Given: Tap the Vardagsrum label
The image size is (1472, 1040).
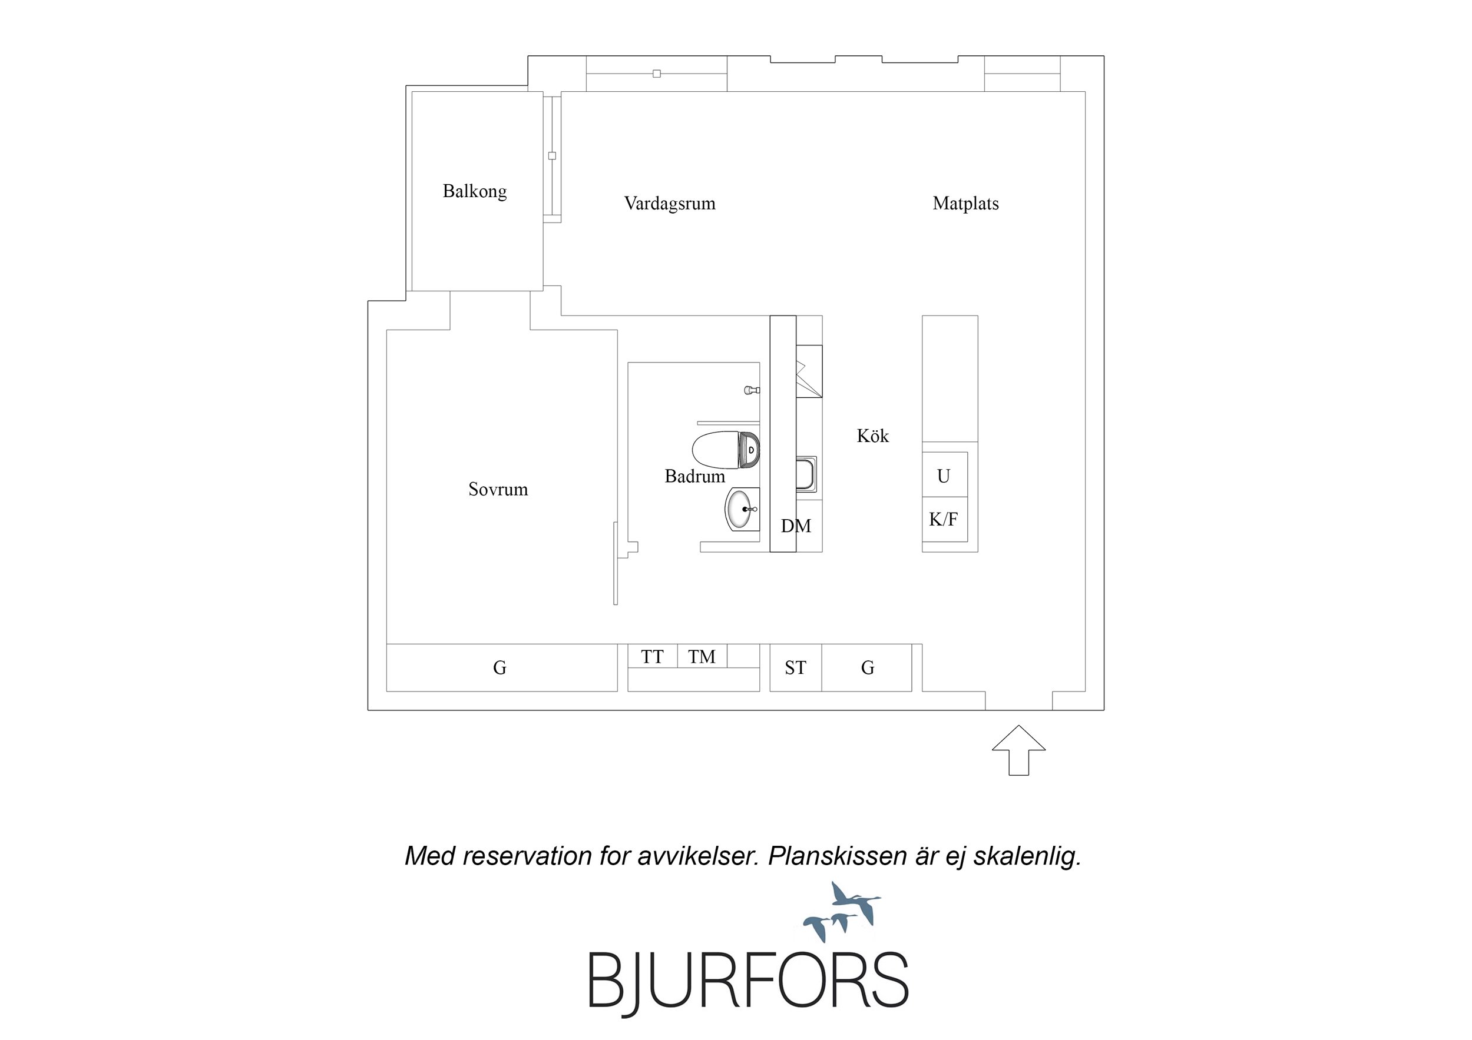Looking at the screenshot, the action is click(x=669, y=204).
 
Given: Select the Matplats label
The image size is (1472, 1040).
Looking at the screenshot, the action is click(x=965, y=204).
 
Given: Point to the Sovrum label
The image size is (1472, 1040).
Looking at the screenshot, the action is click(x=498, y=490).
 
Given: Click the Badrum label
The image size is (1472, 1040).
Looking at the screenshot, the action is click(x=694, y=477).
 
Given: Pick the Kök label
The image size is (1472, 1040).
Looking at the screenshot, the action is click(x=872, y=436).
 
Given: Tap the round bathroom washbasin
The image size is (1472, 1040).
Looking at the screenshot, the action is click(x=742, y=509).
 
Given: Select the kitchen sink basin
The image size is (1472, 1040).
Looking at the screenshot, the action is click(x=806, y=474).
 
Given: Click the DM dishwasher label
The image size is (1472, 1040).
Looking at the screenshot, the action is click(x=796, y=526).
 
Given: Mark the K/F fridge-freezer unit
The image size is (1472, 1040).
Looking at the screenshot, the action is click(x=944, y=519).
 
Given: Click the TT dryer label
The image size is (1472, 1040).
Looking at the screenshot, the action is click(x=652, y=657).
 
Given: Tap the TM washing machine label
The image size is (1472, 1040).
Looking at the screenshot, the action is click(x=702, y=657).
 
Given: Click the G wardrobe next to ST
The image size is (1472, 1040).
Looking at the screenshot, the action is click(x=867, y=667).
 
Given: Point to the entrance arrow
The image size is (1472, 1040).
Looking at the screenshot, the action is click(x=1018, y=750).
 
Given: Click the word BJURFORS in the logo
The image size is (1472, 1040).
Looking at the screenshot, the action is click(x=748, y=980).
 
